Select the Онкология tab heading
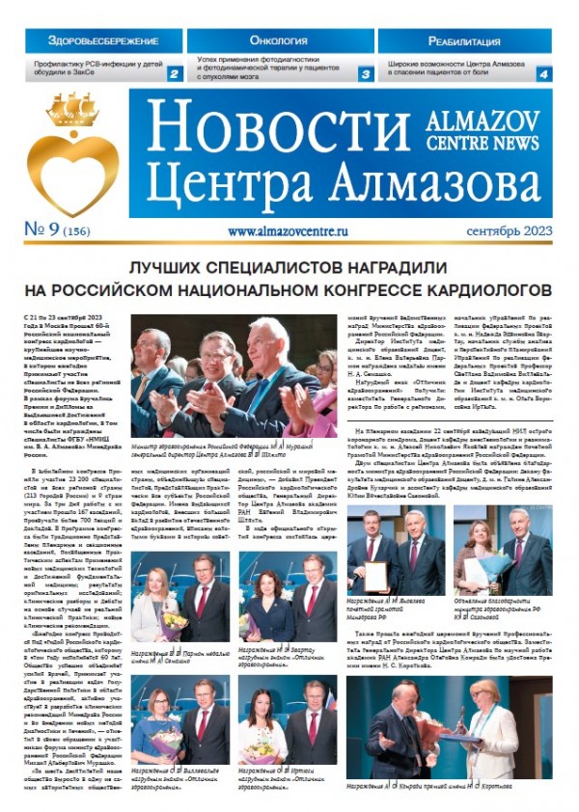point(278,41)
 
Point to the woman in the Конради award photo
point(491,723)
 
